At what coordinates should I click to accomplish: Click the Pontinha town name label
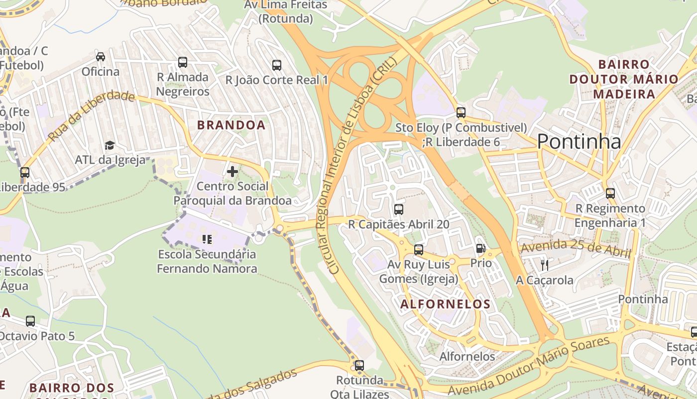(579, 142)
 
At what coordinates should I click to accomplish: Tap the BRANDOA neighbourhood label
(231, 125)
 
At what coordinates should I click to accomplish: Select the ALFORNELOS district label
(446, 304)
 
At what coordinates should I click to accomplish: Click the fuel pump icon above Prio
(480, 248)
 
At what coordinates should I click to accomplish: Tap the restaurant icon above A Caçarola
(544, 265)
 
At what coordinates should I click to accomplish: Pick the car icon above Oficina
(101, 57)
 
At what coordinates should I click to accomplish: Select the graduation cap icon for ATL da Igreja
(110, 145)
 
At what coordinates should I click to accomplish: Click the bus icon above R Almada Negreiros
(183, 62)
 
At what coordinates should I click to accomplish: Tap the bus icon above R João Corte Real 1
(277, 65)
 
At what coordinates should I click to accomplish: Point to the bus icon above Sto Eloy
(461, 113)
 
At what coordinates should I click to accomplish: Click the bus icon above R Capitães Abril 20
(398, 209)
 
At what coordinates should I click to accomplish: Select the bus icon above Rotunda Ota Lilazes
(359, 366)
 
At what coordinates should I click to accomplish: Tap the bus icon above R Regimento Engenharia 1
(610, 194)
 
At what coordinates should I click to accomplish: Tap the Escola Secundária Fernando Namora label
(207, 261)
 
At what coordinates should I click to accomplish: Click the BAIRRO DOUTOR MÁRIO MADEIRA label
(624, 79)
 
